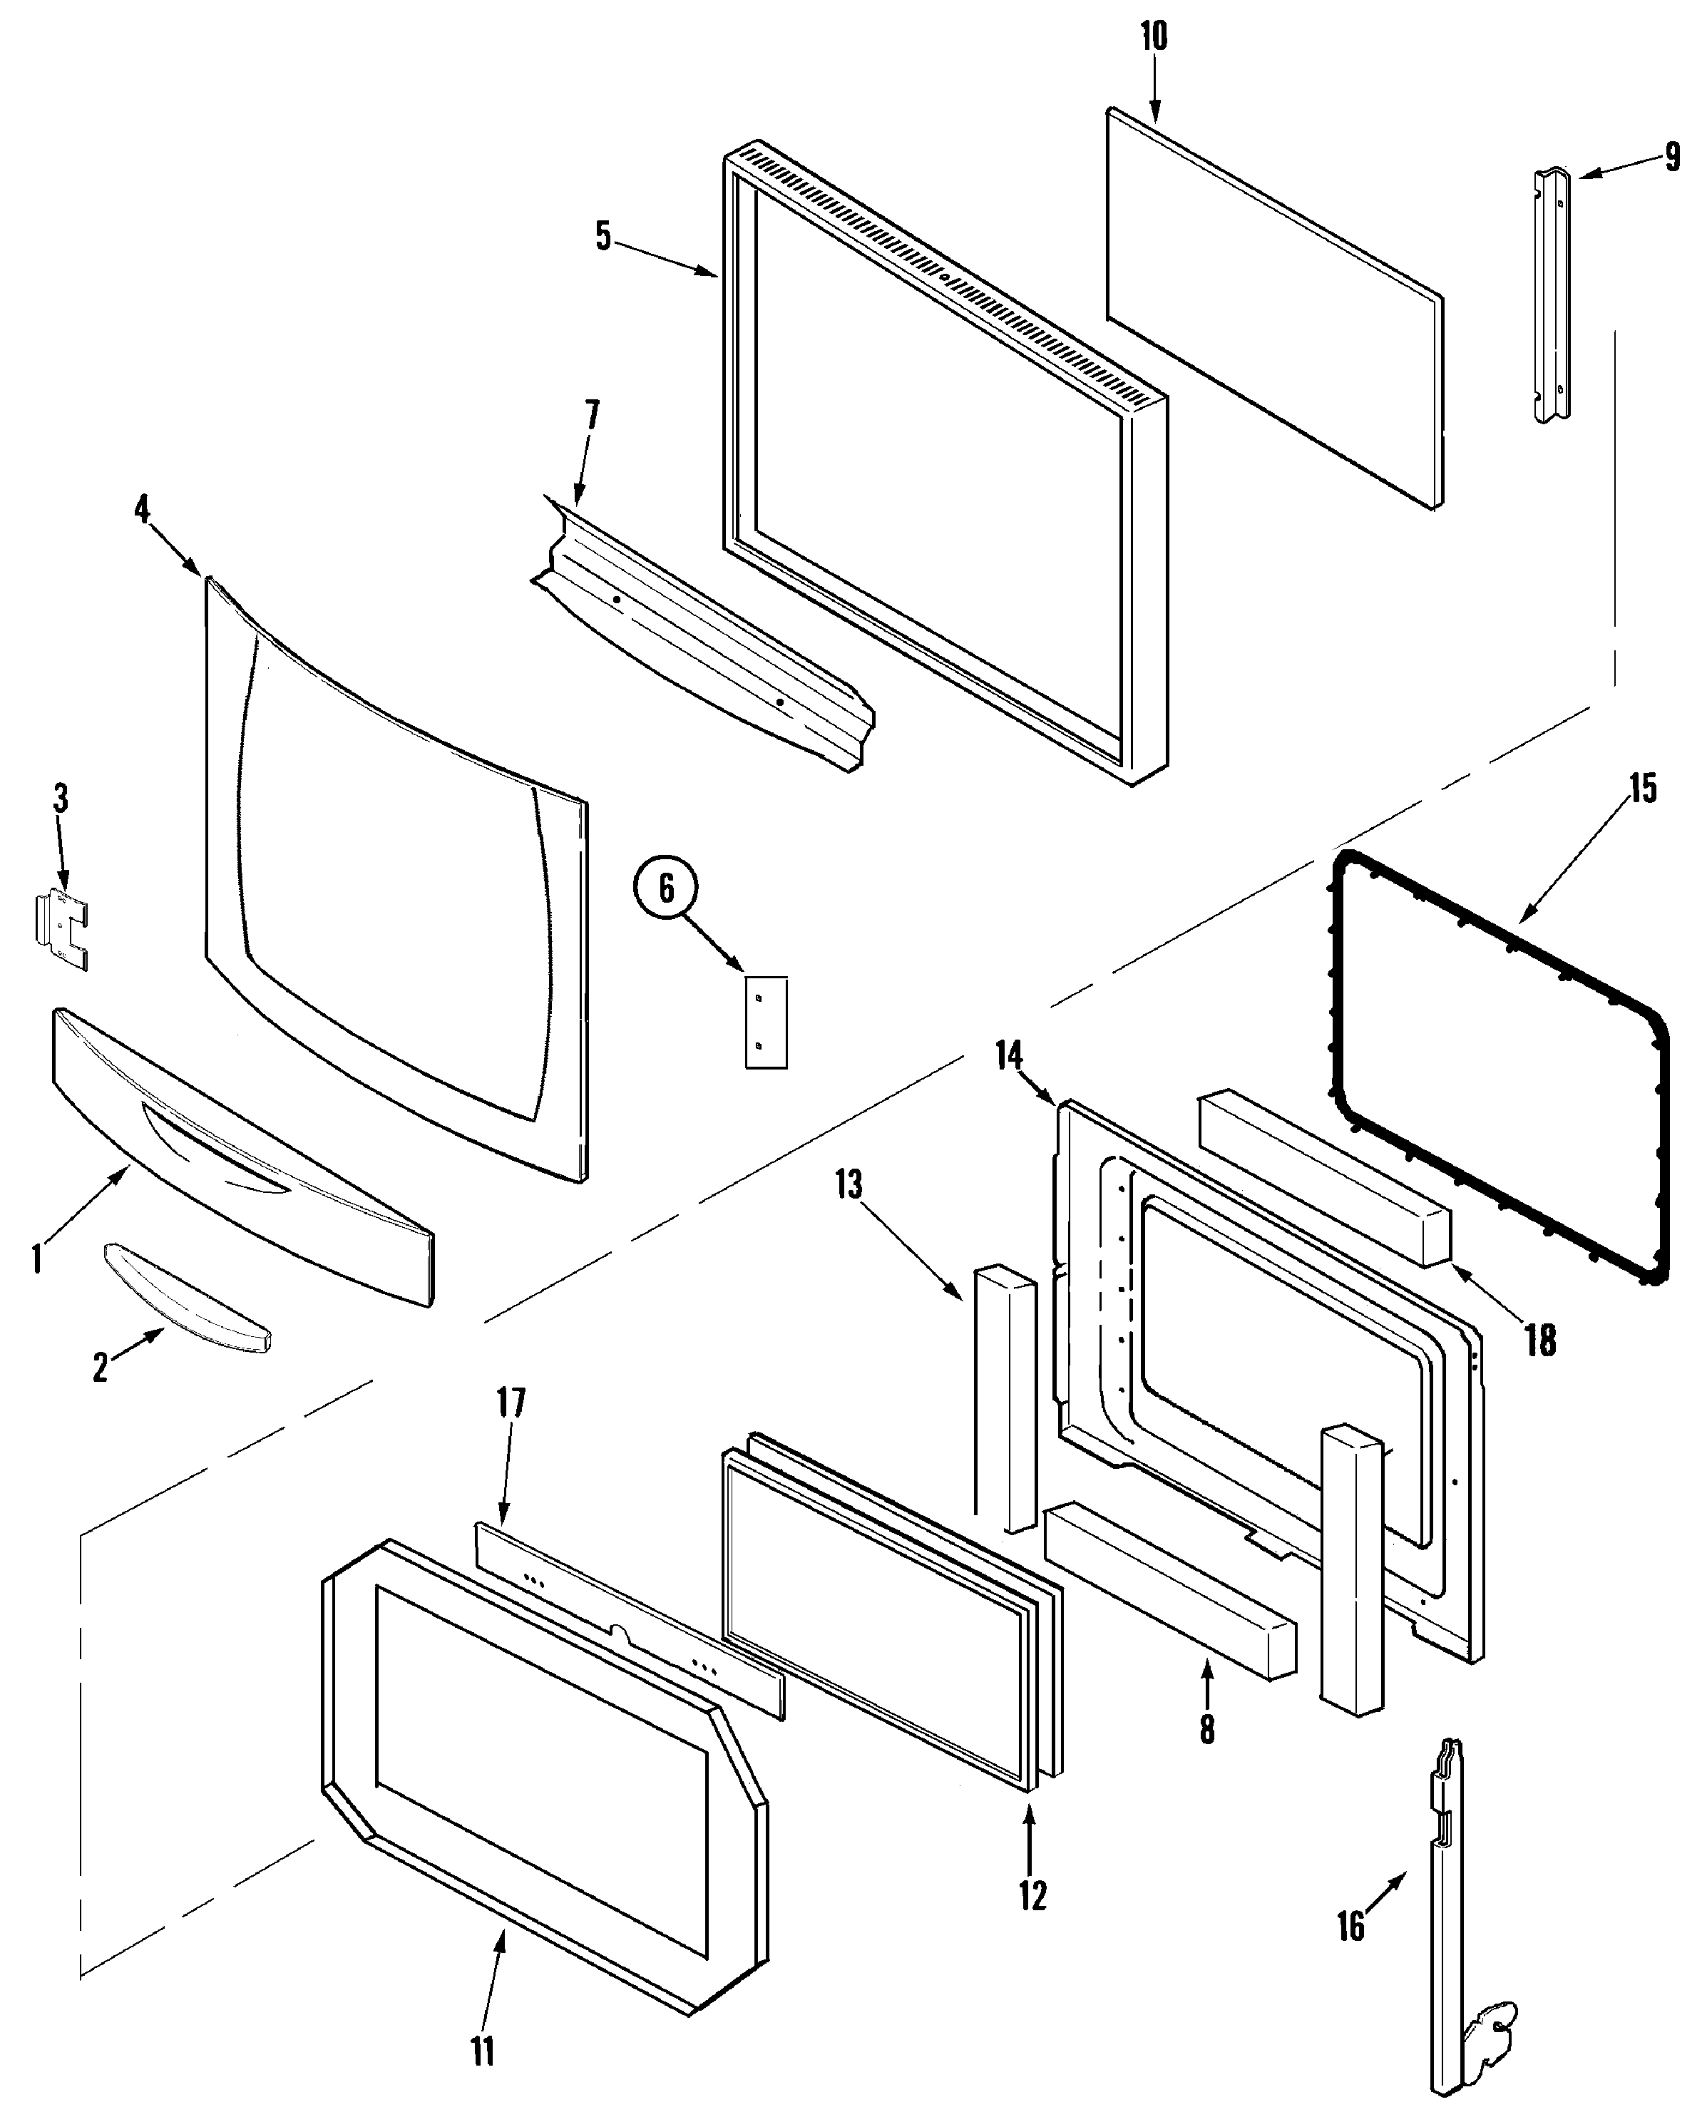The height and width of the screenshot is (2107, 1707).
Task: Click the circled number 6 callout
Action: [x=666, y=889]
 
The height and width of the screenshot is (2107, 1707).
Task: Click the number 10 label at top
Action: [x=1154, y=36]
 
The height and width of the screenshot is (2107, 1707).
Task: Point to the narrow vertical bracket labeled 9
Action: [x=1552, y=295]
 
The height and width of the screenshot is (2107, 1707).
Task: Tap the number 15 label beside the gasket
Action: [x=1643, y=788]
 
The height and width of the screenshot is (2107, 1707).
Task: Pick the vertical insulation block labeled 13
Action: [x=1005, y=1396]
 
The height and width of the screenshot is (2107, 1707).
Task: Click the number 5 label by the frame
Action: [x=603, y=236]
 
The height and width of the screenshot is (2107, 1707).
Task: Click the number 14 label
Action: [x=1009, y=1056]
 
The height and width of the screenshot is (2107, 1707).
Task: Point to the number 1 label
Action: [x=36, y=1258]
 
